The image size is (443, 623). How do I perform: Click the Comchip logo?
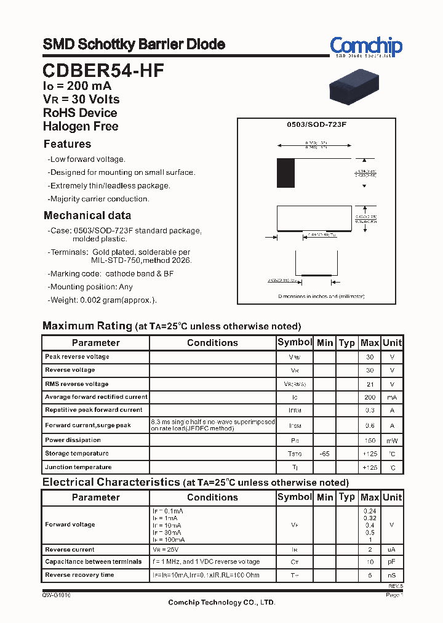click(x=365, y=47)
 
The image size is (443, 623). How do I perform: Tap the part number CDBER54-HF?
click(x=103, y=71)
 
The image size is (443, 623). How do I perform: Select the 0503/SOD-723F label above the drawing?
click(x=317, y=124)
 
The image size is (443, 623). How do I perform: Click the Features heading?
click(x=67, y=144)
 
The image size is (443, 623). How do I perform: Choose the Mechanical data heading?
click(x=87, y=215)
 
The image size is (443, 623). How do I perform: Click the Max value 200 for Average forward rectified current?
click(x=370, y=397)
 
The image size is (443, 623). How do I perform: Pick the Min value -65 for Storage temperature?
click(x=325, y=454)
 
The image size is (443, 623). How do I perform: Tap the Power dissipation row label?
click(x=73, y=440)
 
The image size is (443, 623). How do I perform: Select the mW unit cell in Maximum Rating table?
click(x=392, y=440)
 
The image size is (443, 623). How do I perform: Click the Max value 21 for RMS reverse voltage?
click(x=370, y=384)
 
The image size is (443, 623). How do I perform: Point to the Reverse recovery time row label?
click(x=79, y=575)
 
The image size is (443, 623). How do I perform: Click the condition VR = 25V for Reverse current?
click(x=166, y=549)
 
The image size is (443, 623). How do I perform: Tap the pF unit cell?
click(x=392, y=562)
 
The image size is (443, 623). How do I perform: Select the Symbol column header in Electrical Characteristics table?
click(x=295, y=497)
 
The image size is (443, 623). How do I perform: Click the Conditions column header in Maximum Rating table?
click(x=212, y=343)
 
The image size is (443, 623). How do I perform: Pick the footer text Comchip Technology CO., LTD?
click(x=221, y=603)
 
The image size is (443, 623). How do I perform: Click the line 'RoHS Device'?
click(x=80, y=113)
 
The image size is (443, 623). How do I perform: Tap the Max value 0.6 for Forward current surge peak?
click(x=370, y=425)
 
